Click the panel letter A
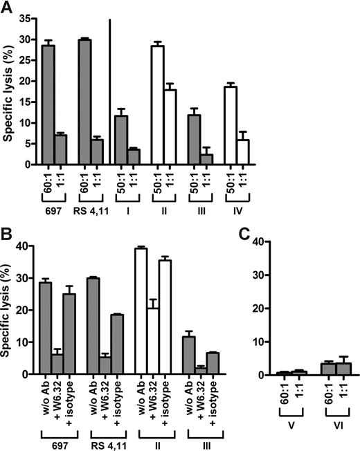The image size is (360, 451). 8,8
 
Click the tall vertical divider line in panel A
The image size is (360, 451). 110,90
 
